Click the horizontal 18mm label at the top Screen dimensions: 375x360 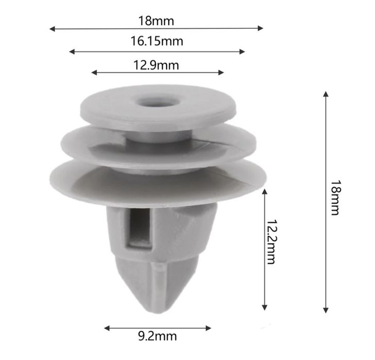[x=156, y=21]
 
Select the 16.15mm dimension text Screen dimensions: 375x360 [x=157, y=41]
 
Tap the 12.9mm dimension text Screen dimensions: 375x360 [x=156, y=65]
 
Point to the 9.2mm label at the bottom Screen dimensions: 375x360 [x=157, y=336]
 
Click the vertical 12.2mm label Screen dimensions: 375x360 [x=271, y=241]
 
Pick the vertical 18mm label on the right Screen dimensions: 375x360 [x=335, y=197]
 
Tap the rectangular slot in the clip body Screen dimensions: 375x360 [x=139, y=229]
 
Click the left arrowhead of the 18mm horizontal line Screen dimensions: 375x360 [x=52, y=29]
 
